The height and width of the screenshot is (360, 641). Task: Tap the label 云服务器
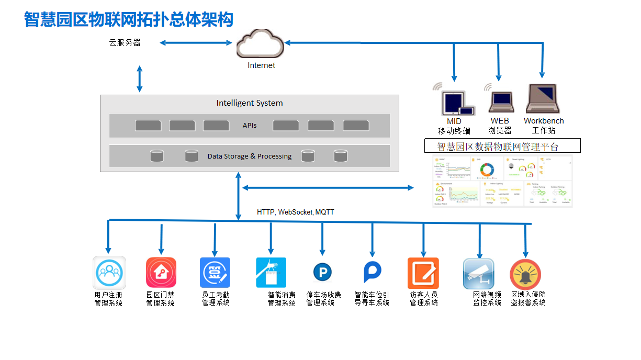125,43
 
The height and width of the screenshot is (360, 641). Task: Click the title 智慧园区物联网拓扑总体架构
129,19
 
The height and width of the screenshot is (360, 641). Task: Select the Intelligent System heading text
250,103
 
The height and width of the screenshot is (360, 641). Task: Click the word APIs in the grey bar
250,126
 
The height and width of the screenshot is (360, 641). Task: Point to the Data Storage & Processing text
250,156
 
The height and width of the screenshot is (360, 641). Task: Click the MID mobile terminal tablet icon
453,103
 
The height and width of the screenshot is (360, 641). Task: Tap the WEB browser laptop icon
501,102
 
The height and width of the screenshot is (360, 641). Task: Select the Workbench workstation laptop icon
542,99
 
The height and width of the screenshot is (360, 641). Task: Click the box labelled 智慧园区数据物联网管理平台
502,146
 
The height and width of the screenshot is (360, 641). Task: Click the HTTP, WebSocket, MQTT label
295,212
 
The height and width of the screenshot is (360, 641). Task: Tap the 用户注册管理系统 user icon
109,273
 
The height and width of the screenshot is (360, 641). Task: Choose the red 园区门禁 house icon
161,273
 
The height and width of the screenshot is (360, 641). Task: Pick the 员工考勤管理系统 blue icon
215,273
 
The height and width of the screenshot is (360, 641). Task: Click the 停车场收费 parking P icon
322,272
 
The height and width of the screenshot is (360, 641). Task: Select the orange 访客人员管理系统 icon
423,273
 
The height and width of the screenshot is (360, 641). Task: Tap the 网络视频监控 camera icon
478,273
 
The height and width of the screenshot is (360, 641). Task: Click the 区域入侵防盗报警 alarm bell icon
525,274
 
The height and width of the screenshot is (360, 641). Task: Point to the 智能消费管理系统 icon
271,273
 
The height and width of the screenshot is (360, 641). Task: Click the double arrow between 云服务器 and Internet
196,43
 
